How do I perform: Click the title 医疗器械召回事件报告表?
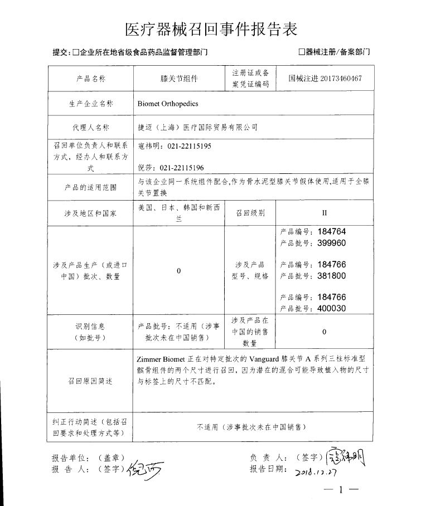click(210, 28)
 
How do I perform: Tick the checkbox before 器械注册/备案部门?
click(302, 53)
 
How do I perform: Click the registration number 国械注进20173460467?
click(325, 79)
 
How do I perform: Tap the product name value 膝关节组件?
click(179, 79)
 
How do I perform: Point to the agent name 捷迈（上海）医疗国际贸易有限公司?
click(197, 128)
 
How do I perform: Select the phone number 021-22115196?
click(182, 167)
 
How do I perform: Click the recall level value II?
click(325, 213)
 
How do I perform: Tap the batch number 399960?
click(332, 243)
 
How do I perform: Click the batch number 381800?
click(332, 275)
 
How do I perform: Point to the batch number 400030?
click(332, 308)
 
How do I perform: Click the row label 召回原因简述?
click(89, 381)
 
